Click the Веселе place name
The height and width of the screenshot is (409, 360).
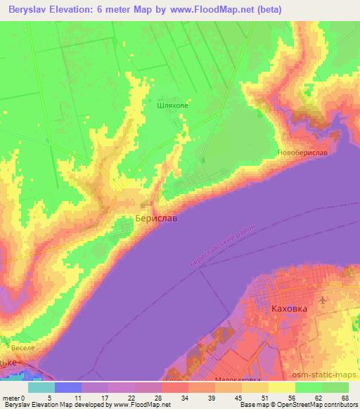click(x=23, y=347)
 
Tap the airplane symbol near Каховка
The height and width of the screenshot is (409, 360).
click(x=323, y=301)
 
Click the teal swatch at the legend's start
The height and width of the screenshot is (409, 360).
click(x=41, y=387)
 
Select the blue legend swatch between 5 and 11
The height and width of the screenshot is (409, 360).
click(x=68, y=387)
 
